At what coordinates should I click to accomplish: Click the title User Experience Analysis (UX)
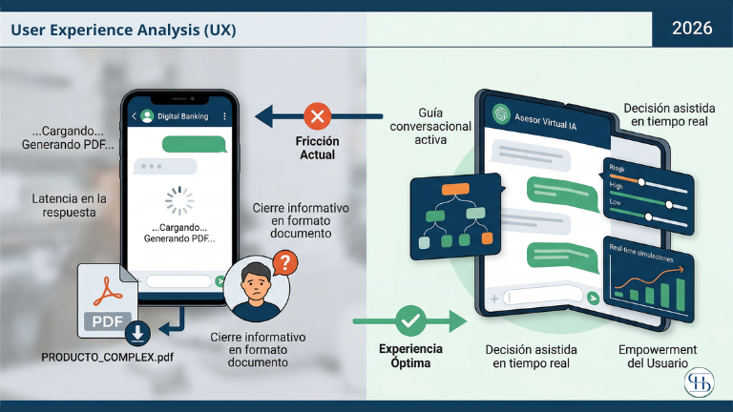(x=123, y=30)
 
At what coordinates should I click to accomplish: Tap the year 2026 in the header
(x=692, y=29)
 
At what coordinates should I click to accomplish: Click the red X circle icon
(x=316, y=117)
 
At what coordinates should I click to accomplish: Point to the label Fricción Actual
(x=316, y=147)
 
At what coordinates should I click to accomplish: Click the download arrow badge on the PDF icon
(x=138, y=332)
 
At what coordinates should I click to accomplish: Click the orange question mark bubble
(x=283, y=262)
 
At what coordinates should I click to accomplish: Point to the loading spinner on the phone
(x=179, y=200)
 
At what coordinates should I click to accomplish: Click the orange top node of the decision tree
(x=456, y=189)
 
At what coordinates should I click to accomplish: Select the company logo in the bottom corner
(x=702, y=382)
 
